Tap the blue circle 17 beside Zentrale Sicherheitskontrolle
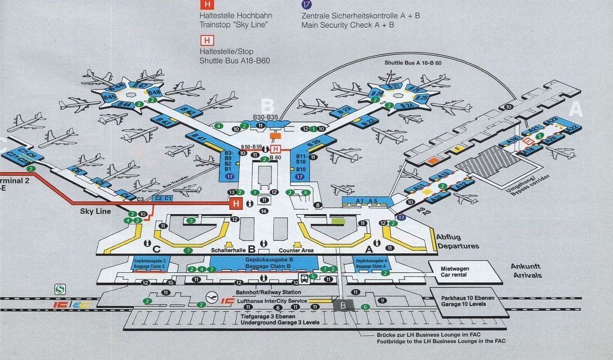click(x=306, y=4)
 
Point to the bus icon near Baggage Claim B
click(x=304, y=278)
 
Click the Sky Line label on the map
click(x=95, y=211)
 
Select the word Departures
click(x=457, y=246)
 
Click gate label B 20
click(x=314, y=143)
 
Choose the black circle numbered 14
click(x=263, y=211)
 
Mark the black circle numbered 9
click(x=382, y=301)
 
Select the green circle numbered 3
click(x=191, y=221)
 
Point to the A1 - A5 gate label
click(x=366, y=201)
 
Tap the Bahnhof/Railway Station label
click(x=268, y=292)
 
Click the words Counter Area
click(x=296, y=250)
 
